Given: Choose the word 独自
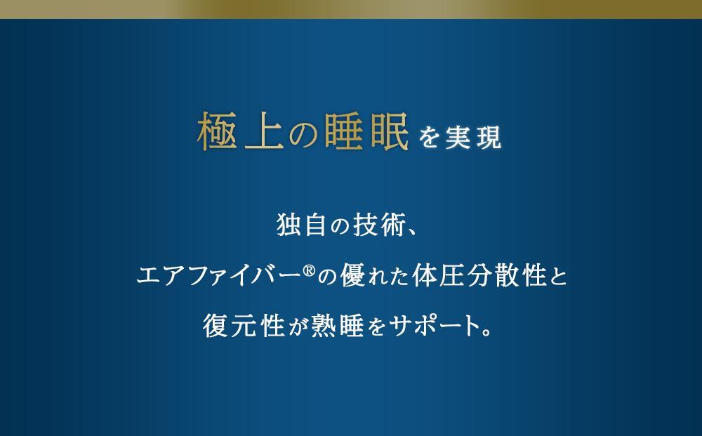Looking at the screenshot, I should click(x=296, y=228).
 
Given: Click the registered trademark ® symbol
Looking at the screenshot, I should click(x=310, y=267).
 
